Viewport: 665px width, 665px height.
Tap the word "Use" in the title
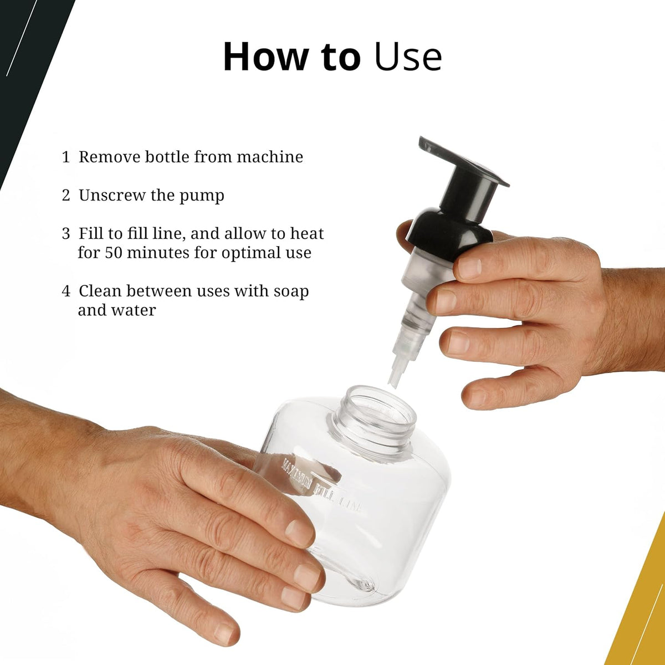click(408, 57)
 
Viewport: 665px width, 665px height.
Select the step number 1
click(65, 157)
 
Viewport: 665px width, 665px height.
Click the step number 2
click(65, 196)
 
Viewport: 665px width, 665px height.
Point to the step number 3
click(65, 233)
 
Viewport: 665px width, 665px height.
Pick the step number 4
click(65, 291)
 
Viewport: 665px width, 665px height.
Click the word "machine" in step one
click(270, 157)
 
